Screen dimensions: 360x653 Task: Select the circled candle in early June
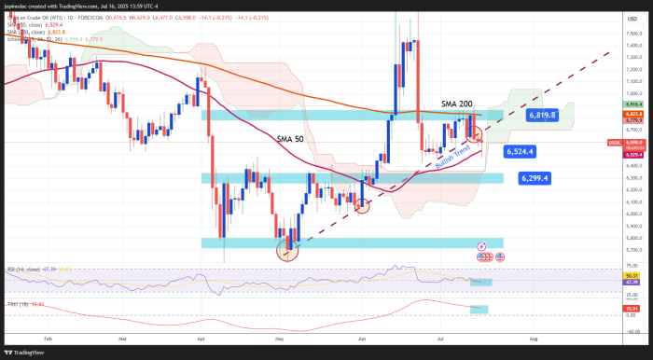pos(361,205)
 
